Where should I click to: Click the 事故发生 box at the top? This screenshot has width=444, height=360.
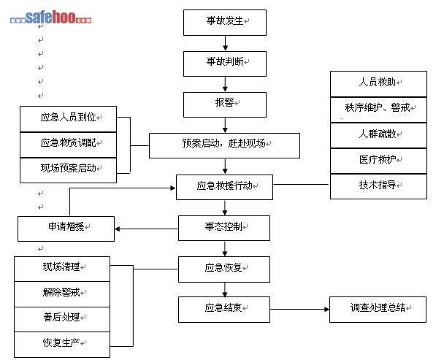[224, 23]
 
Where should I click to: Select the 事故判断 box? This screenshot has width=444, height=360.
[224, 64]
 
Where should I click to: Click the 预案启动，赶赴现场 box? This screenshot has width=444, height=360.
[224, 145]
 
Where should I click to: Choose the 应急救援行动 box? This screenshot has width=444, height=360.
[224, 186]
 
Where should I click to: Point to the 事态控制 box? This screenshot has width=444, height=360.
[224, 228]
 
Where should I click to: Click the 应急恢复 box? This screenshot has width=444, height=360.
[224, 268]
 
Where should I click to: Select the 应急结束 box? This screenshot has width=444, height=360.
[224, 309]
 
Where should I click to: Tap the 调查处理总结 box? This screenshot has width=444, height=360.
[378, 309]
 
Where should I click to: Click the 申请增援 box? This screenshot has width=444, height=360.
[66, 228]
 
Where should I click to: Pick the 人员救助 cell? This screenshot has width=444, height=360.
[378, 83]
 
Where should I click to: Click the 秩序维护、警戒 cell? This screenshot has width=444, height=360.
[378, 109]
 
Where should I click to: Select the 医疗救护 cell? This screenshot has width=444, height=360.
[378, 160]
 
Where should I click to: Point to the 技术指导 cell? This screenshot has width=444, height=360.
[378, 185]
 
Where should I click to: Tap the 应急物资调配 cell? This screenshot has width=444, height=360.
[68, 143]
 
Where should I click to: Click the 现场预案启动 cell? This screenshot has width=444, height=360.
[68, 169]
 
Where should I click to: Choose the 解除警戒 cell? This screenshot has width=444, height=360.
[62, 293]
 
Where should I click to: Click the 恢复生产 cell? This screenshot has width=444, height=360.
[62, 343]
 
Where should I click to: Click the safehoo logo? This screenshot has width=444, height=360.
[51, 17]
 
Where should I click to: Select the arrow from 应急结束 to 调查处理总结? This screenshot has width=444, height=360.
[299, 309]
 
